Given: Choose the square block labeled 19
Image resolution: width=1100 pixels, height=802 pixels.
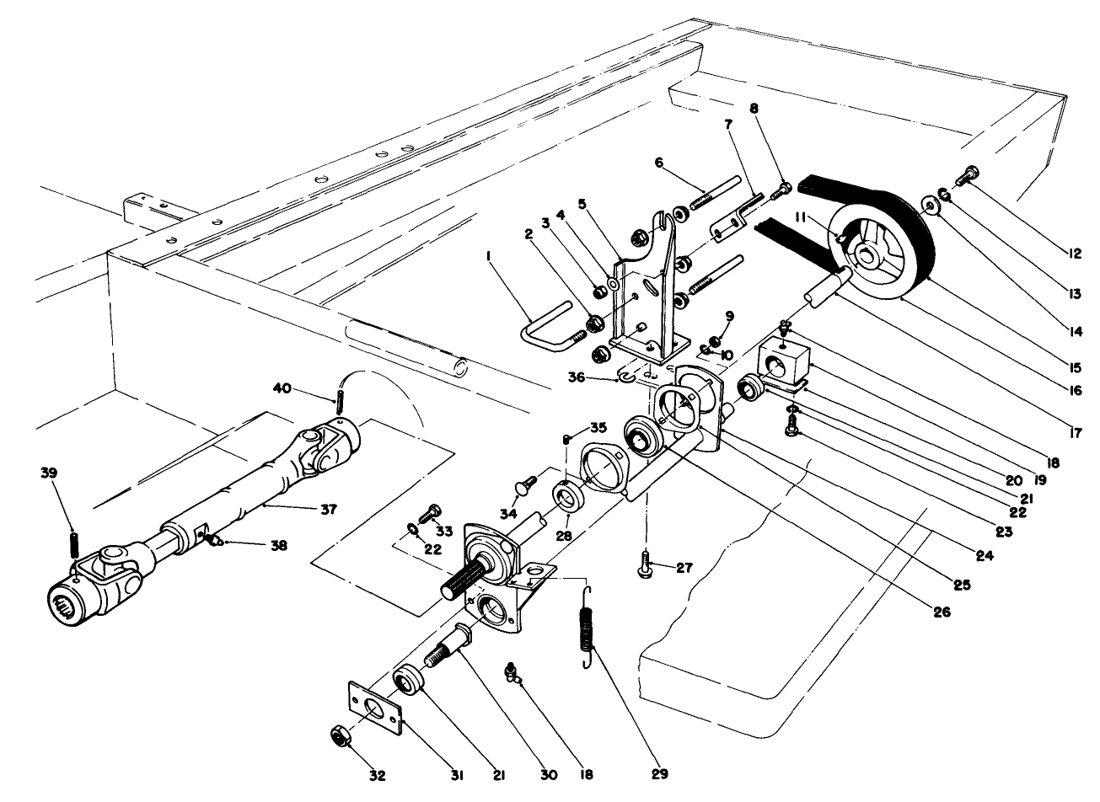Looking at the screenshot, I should tap(781, 365).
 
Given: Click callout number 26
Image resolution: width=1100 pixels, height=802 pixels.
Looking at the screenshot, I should tap(942, 612).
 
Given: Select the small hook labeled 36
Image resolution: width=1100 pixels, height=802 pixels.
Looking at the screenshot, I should tap(625, 377).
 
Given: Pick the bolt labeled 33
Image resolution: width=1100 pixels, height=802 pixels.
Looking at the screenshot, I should tap(435, 511).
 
